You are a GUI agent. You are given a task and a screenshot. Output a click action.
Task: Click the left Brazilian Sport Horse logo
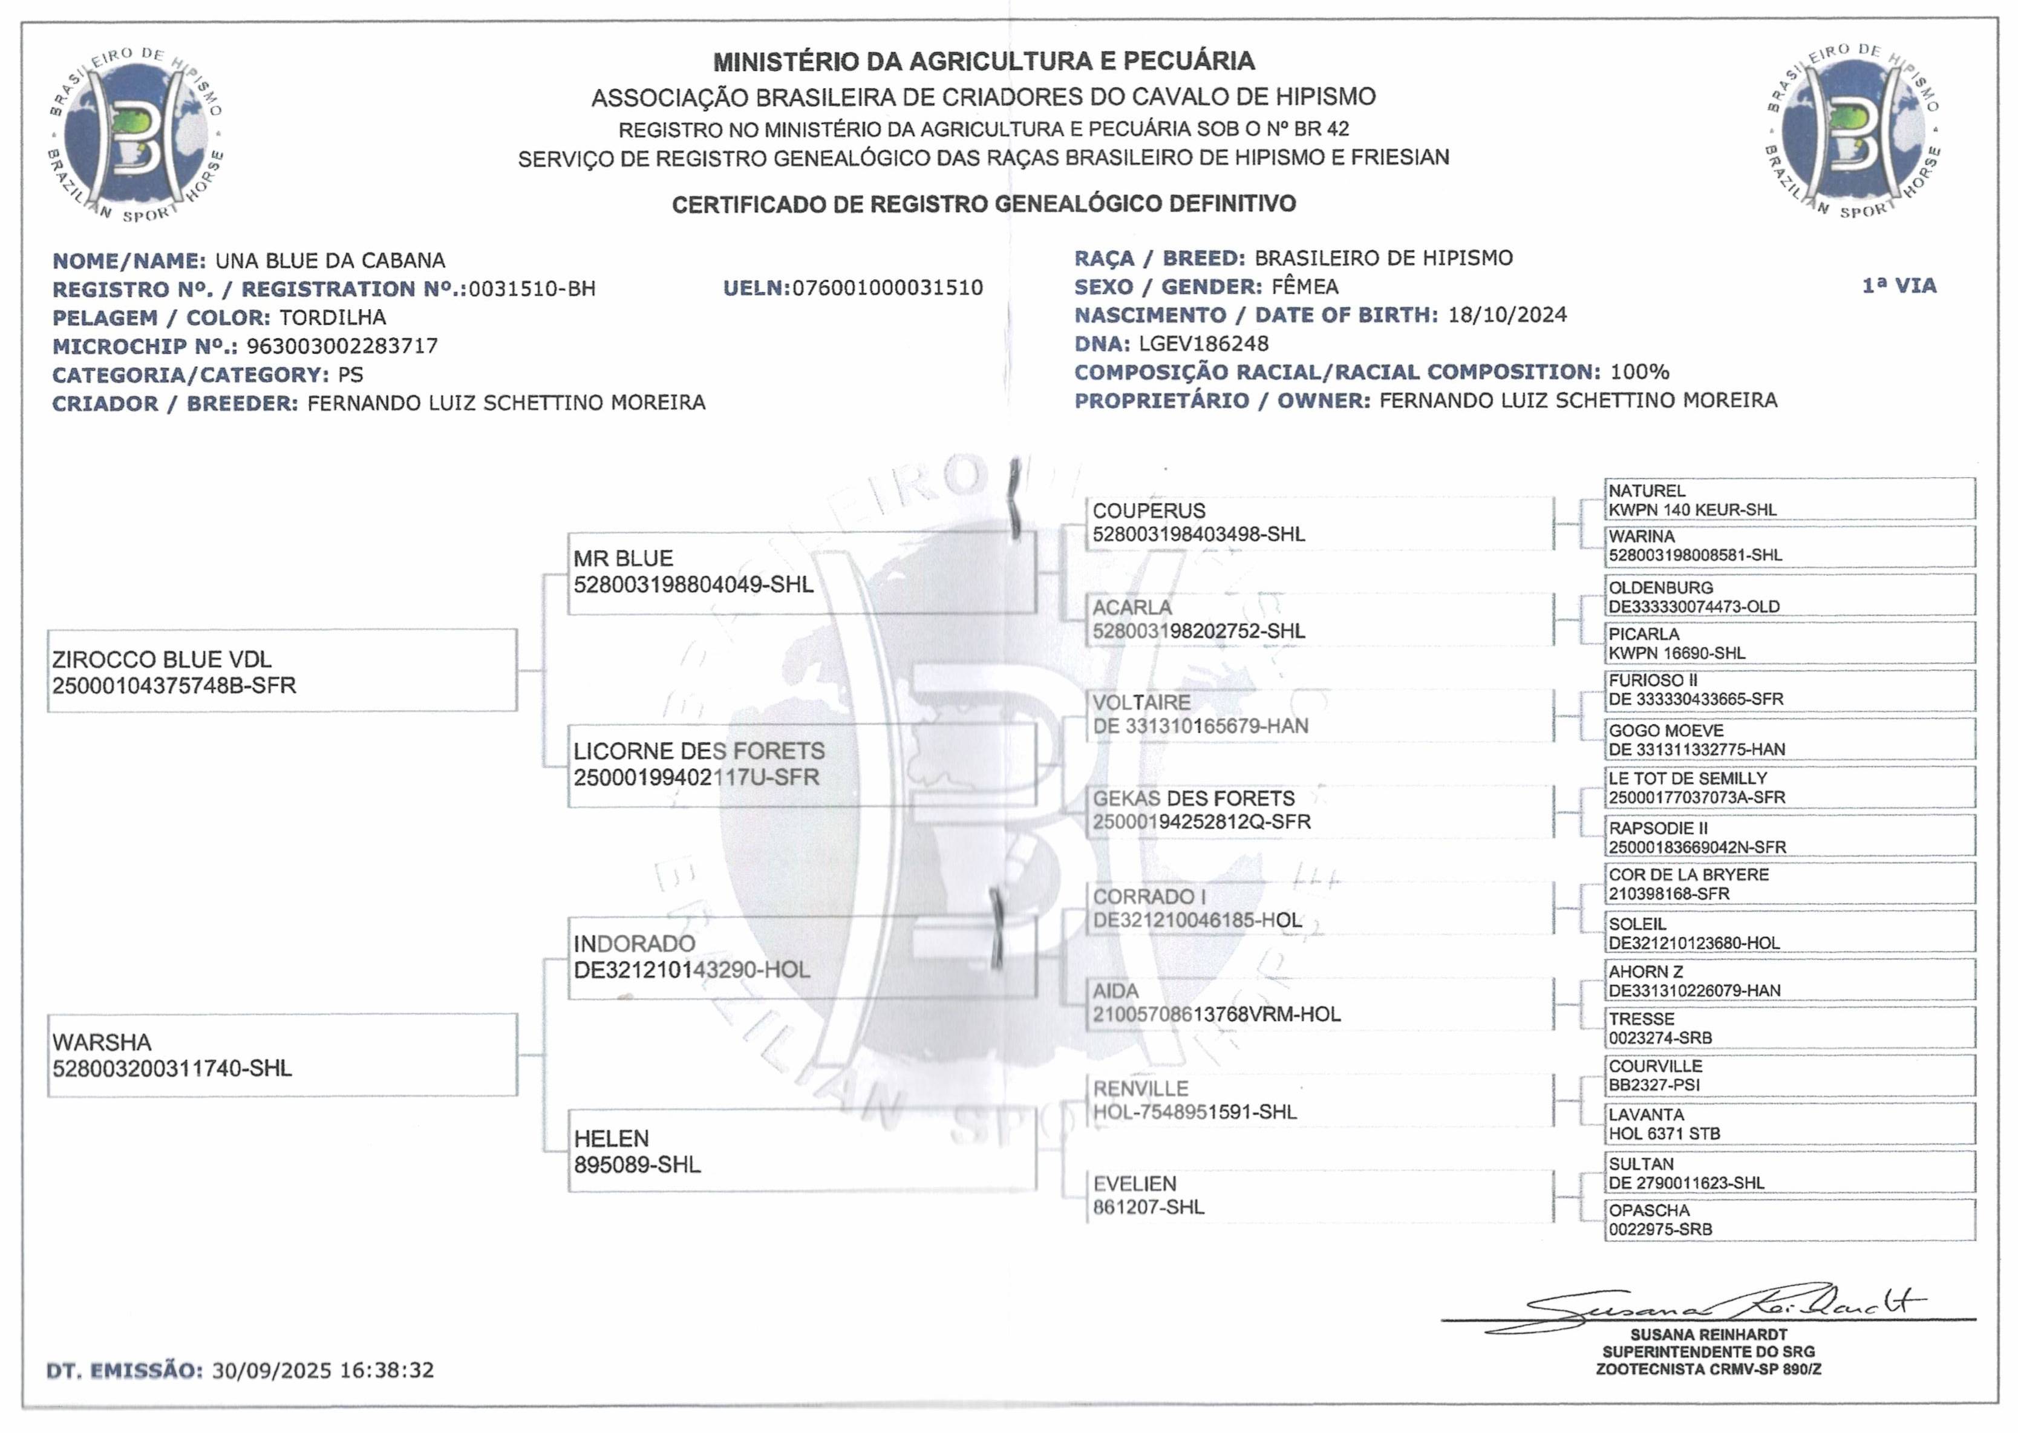pyautogui.click(x=136, y=132)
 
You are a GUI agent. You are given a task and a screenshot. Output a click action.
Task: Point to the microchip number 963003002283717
pyautogui.click(x=342, y=346)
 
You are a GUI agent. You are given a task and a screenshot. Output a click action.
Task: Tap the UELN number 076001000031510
pyautogui.click(x=887, y=289)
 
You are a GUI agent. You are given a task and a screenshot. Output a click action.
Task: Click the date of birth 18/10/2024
pyautogui.click(x=1507, y=315)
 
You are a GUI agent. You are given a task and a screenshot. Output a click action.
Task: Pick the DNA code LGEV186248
pyautogui.click(x=1204, y=343)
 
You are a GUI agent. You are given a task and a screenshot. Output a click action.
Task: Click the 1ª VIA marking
pyautogui.click(x=1899, y=286)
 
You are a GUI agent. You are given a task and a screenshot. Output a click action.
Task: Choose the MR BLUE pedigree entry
pyautogui.click(x=800, y=572)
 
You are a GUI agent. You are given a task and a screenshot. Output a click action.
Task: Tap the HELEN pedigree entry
pyautogui.click(x=800, y=1151)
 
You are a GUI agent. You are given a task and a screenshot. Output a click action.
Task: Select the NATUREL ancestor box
pyautogui.click(x=1789, y=500)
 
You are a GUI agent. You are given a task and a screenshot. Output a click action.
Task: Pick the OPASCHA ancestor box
pyautogui.click(x=1789, y=1219)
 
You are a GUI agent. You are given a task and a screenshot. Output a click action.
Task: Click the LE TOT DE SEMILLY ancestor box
pyautogui.click(x=1789, y=787)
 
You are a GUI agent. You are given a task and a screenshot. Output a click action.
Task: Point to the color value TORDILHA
pyautogui.click(x=333, y=318)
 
